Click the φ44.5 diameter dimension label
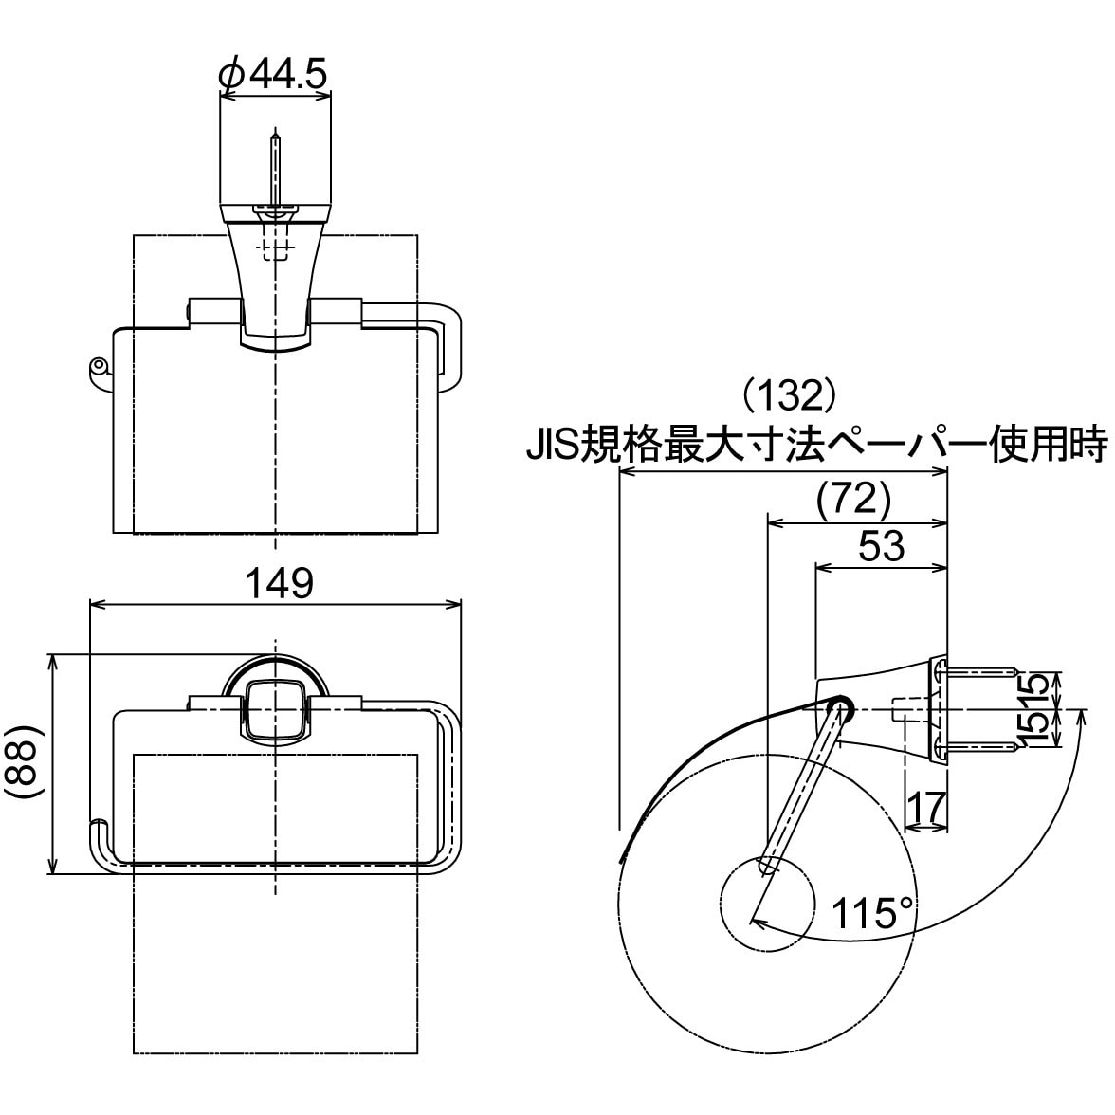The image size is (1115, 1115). (273, 73)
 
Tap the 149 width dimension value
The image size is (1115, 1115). (279, 584)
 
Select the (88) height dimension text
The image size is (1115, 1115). (25, 763)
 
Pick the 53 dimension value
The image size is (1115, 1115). (882, 546)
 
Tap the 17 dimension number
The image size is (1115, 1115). (927, 807)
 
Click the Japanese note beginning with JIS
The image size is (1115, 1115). (817, 444)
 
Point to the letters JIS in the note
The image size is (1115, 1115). (553, 445)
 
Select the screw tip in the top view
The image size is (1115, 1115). (275, 135)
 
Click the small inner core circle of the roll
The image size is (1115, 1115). (767, 904)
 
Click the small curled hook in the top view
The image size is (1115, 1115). (99, 369)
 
